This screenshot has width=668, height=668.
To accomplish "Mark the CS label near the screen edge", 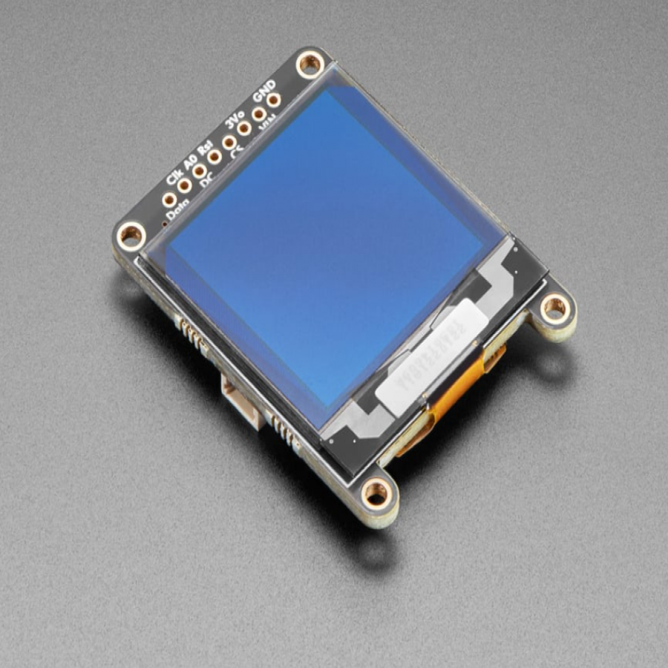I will [x=238, y=151].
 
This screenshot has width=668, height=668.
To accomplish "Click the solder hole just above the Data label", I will [x=169, y=200].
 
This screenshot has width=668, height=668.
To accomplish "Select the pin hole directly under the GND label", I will [x=274, y=99].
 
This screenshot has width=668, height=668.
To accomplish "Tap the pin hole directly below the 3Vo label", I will [x=243, y=128].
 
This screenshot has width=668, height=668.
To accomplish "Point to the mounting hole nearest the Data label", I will [x=131, y=235].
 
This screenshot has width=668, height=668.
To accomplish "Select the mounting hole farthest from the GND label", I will [x=376, y=492].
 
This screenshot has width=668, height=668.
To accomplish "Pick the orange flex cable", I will [x=445, y=401].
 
